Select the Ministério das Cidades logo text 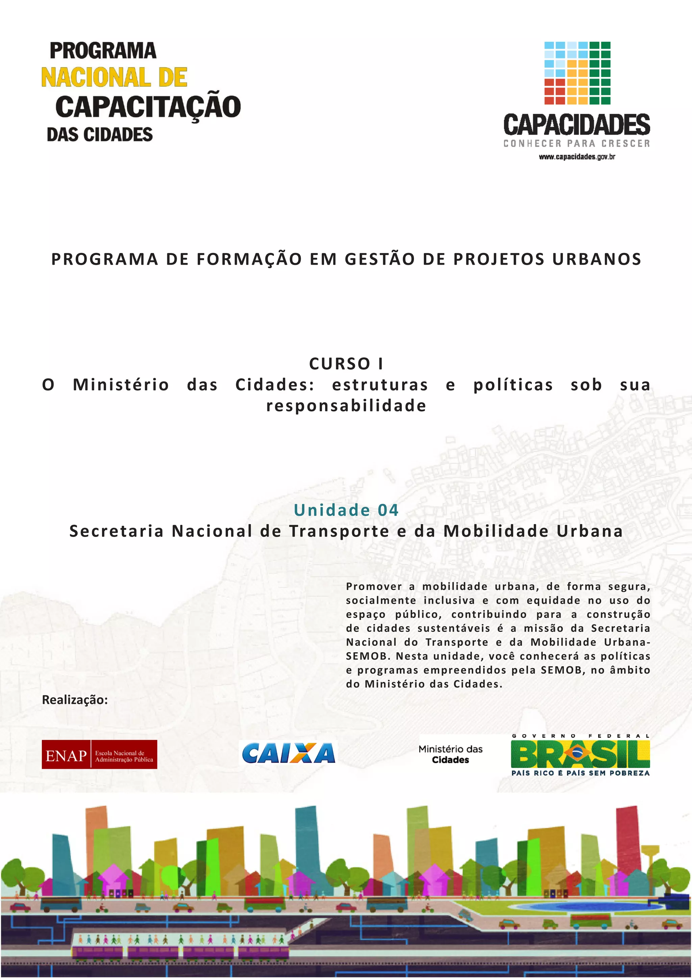[x=450, y=754]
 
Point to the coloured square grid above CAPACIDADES [x=577, y=73]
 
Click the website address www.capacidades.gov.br [x=577, y=157]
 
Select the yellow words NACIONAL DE [x=114, y=78]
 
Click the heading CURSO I [x=346, y=364]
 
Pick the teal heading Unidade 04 [x=346, y=510]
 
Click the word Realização [x=75, y=700]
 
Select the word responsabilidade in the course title [x=346, y=406]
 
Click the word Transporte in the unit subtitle [x=339, y=531]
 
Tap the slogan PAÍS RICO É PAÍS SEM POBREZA [x=580, y=773]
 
